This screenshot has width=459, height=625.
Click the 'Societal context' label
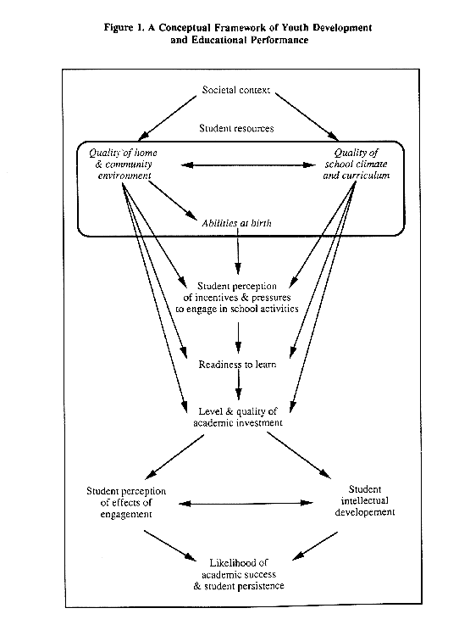236,90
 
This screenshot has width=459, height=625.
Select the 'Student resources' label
236,128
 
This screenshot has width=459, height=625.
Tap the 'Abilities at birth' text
236,223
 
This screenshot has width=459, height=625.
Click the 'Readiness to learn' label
237,365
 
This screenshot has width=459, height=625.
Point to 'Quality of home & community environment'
124,165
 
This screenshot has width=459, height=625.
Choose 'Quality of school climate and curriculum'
357,165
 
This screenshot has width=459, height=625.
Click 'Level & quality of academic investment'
238,417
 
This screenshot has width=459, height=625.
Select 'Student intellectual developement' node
365,500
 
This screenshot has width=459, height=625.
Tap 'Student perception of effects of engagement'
126,503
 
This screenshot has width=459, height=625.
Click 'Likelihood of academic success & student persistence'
239,574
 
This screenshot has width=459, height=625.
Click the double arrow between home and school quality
248,165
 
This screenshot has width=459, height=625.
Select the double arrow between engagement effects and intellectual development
246,504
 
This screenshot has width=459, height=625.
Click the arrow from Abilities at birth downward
238,251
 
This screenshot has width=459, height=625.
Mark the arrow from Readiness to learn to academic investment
239,385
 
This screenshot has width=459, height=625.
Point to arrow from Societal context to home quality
167,118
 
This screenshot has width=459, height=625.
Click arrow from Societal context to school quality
307,117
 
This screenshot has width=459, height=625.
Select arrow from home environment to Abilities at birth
173,200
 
